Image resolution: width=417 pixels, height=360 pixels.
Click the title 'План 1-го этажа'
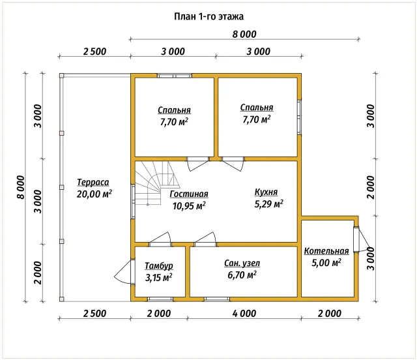pyautogui.click(x=208, y=16)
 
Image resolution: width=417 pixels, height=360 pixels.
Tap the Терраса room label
pyautogui.click(x=93, y=183)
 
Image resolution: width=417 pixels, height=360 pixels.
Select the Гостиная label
pyautogui.click(x=189, y=194)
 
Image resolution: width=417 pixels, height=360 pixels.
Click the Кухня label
pyautogui.click(x=266, y=192)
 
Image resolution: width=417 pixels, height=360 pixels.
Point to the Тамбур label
pyautogui.click(x=159, y=265)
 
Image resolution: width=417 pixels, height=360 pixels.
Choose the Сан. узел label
pyautogui.click(x=242, y=263)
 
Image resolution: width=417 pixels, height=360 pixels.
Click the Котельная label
pyautogui.click(x=326, y=251)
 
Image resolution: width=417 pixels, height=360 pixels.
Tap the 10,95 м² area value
pyautogui.click(x=189, y=206)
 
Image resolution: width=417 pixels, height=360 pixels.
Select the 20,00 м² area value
pyautogui.click(x=94, y=194)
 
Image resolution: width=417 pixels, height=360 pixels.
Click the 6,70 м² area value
pyautogui.click(x=242, y=275)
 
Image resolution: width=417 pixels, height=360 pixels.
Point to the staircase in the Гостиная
pyautogui.click(x=154, y=183)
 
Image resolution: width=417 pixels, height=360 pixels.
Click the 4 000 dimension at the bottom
pyautogui.click(x=244, y=314)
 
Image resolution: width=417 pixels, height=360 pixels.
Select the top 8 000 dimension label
pyautogui.click(x=244, y=34)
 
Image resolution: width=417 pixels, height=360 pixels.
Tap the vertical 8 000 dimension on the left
pyautogui.click(x=20, y=187)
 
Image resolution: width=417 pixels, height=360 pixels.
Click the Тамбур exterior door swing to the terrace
pyautogui.click(x=124, y=271)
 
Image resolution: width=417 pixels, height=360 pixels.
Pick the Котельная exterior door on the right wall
pyautogui.click(x=361, y=239)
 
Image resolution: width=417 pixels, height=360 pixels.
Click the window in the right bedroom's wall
pyautogui.click(x=299, y=117)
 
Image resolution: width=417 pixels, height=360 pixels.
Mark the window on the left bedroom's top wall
pyautogui.click(x=175, y=76)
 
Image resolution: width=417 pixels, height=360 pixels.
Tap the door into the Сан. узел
pyautogui.click(x=205, y=239)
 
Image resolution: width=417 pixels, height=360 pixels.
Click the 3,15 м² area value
pyautogui.click(x=159, y=277)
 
